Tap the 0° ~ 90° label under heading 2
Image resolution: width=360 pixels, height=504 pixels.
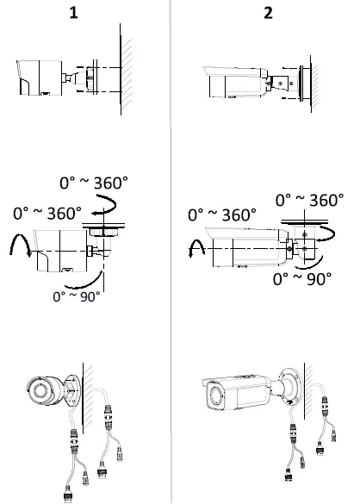[x=303, y=279]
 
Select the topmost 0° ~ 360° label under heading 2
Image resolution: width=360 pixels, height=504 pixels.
[x=308, y=200]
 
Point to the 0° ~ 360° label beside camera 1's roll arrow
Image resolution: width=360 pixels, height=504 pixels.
[x=48, y=211]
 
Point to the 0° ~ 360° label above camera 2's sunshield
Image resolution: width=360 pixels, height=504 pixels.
[x=222, y=214]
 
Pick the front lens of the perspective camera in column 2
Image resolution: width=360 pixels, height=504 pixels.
[x=214, y=397]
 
